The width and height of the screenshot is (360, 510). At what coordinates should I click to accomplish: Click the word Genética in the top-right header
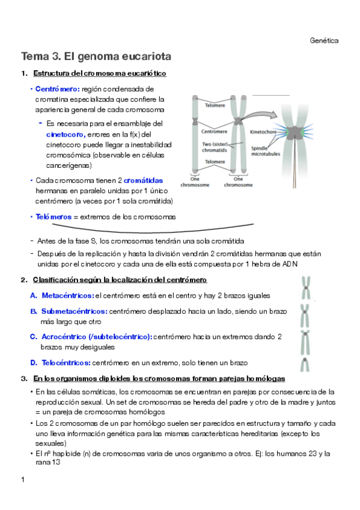(324, 41)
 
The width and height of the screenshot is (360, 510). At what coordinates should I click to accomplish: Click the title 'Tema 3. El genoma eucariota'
(96, 57)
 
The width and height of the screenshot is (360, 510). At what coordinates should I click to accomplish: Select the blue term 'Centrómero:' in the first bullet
(58, 89)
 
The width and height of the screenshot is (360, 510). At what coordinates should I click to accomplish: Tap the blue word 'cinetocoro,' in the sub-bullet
(66, 134)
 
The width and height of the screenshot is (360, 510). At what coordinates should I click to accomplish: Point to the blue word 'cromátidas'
(143, 180)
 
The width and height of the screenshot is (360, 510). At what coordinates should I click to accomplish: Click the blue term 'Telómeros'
(53, 217)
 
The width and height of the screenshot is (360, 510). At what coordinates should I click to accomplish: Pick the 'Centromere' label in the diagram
(214, 131)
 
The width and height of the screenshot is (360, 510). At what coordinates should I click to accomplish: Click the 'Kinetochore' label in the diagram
(263, 132)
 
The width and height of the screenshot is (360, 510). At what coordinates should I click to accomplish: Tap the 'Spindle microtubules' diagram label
(266, 151)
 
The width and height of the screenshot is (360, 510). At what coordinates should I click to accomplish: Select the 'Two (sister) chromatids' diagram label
(215, 147)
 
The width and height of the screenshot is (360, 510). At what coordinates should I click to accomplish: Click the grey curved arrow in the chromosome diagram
(259, 115)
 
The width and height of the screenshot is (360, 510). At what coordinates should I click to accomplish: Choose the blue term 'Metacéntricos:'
(68, 296)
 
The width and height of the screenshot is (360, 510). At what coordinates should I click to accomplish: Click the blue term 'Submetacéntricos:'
(75, 312)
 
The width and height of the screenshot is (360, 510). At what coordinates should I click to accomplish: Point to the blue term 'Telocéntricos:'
(66, 363)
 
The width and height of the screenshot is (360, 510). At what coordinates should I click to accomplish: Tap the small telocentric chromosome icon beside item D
(305, 365)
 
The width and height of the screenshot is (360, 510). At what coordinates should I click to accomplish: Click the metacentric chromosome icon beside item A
(306, 288)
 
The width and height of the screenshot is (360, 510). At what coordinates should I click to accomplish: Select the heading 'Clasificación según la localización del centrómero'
(120, 280)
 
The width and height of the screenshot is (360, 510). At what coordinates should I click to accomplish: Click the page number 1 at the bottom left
(23, 480)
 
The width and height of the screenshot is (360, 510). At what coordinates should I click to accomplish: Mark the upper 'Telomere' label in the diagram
(215, 105)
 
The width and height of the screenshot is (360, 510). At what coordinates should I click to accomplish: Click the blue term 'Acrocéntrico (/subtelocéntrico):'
(97, 337)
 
